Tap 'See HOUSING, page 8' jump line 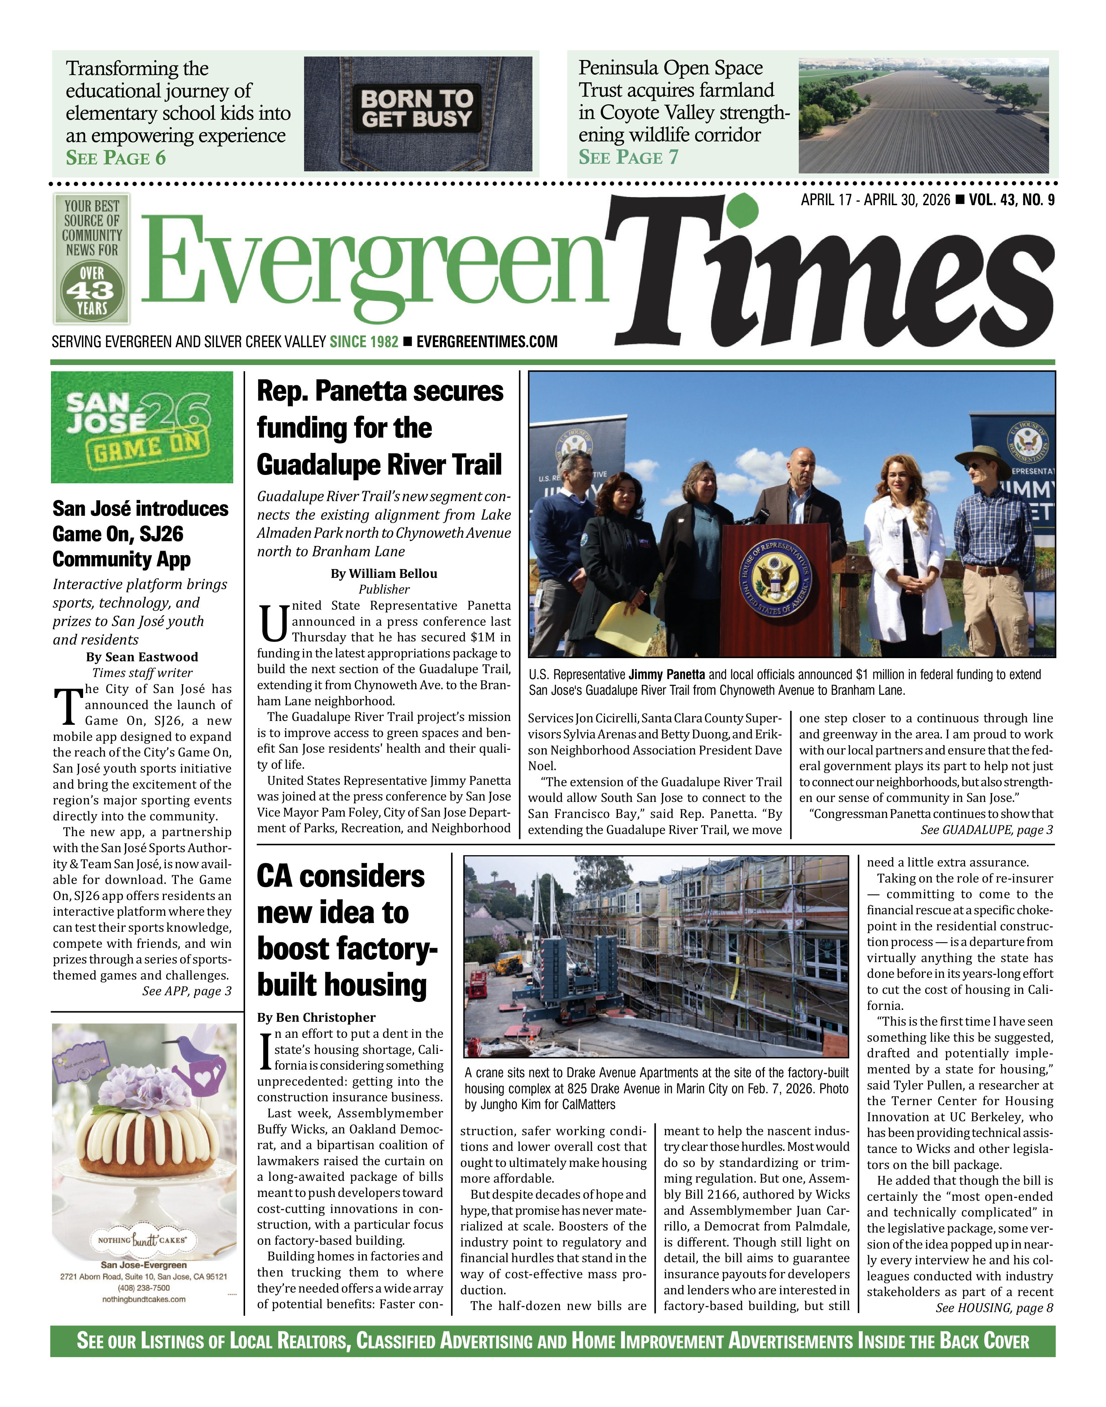994,1308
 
